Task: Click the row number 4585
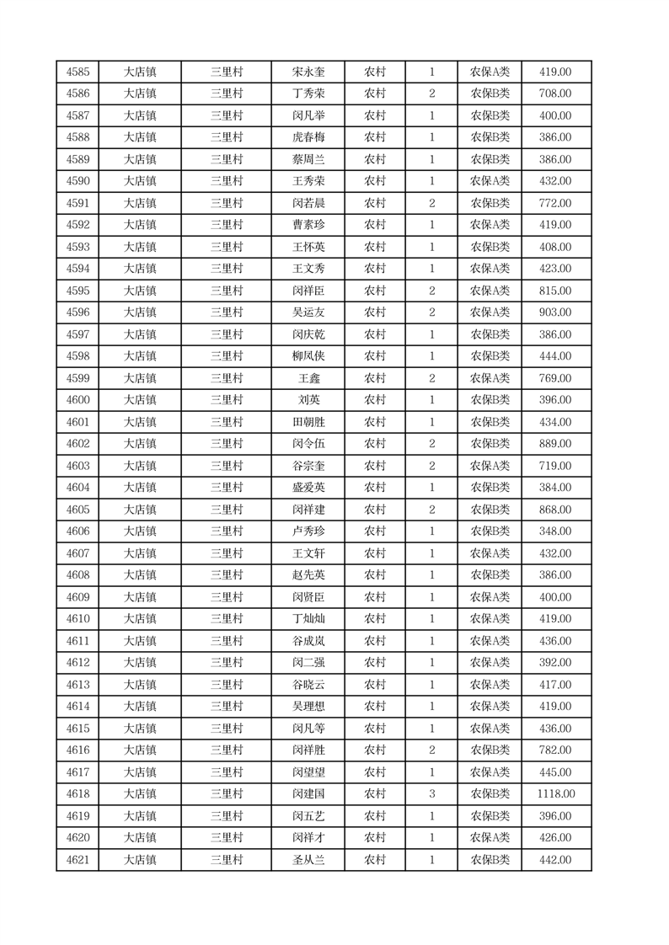[x=78, y=72]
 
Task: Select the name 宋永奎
[x=308, y=72]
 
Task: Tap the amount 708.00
[x=555, y=94]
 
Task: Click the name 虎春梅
[x=308, y=138]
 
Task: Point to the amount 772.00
[x=555, y=204]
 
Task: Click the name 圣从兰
[x=308, y=860]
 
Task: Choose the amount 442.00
[x=555, y=860]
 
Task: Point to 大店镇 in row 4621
[x=140, y=860]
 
